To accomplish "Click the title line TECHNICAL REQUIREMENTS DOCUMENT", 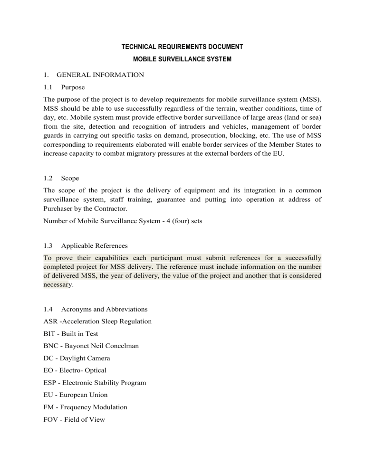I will pos(182,47).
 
